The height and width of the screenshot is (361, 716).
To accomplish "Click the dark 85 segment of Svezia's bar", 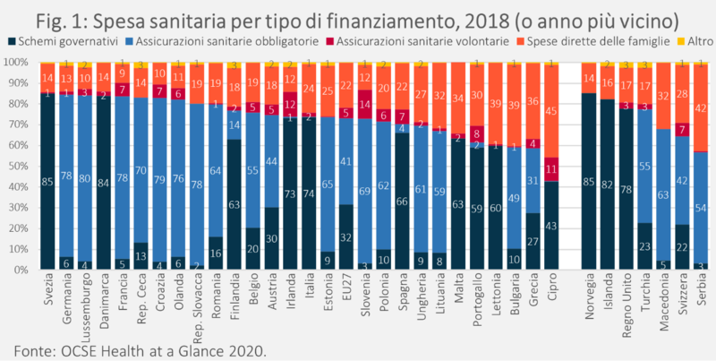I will click(x=47, y=181).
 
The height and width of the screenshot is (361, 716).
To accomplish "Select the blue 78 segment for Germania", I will click(x=66, y=175).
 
